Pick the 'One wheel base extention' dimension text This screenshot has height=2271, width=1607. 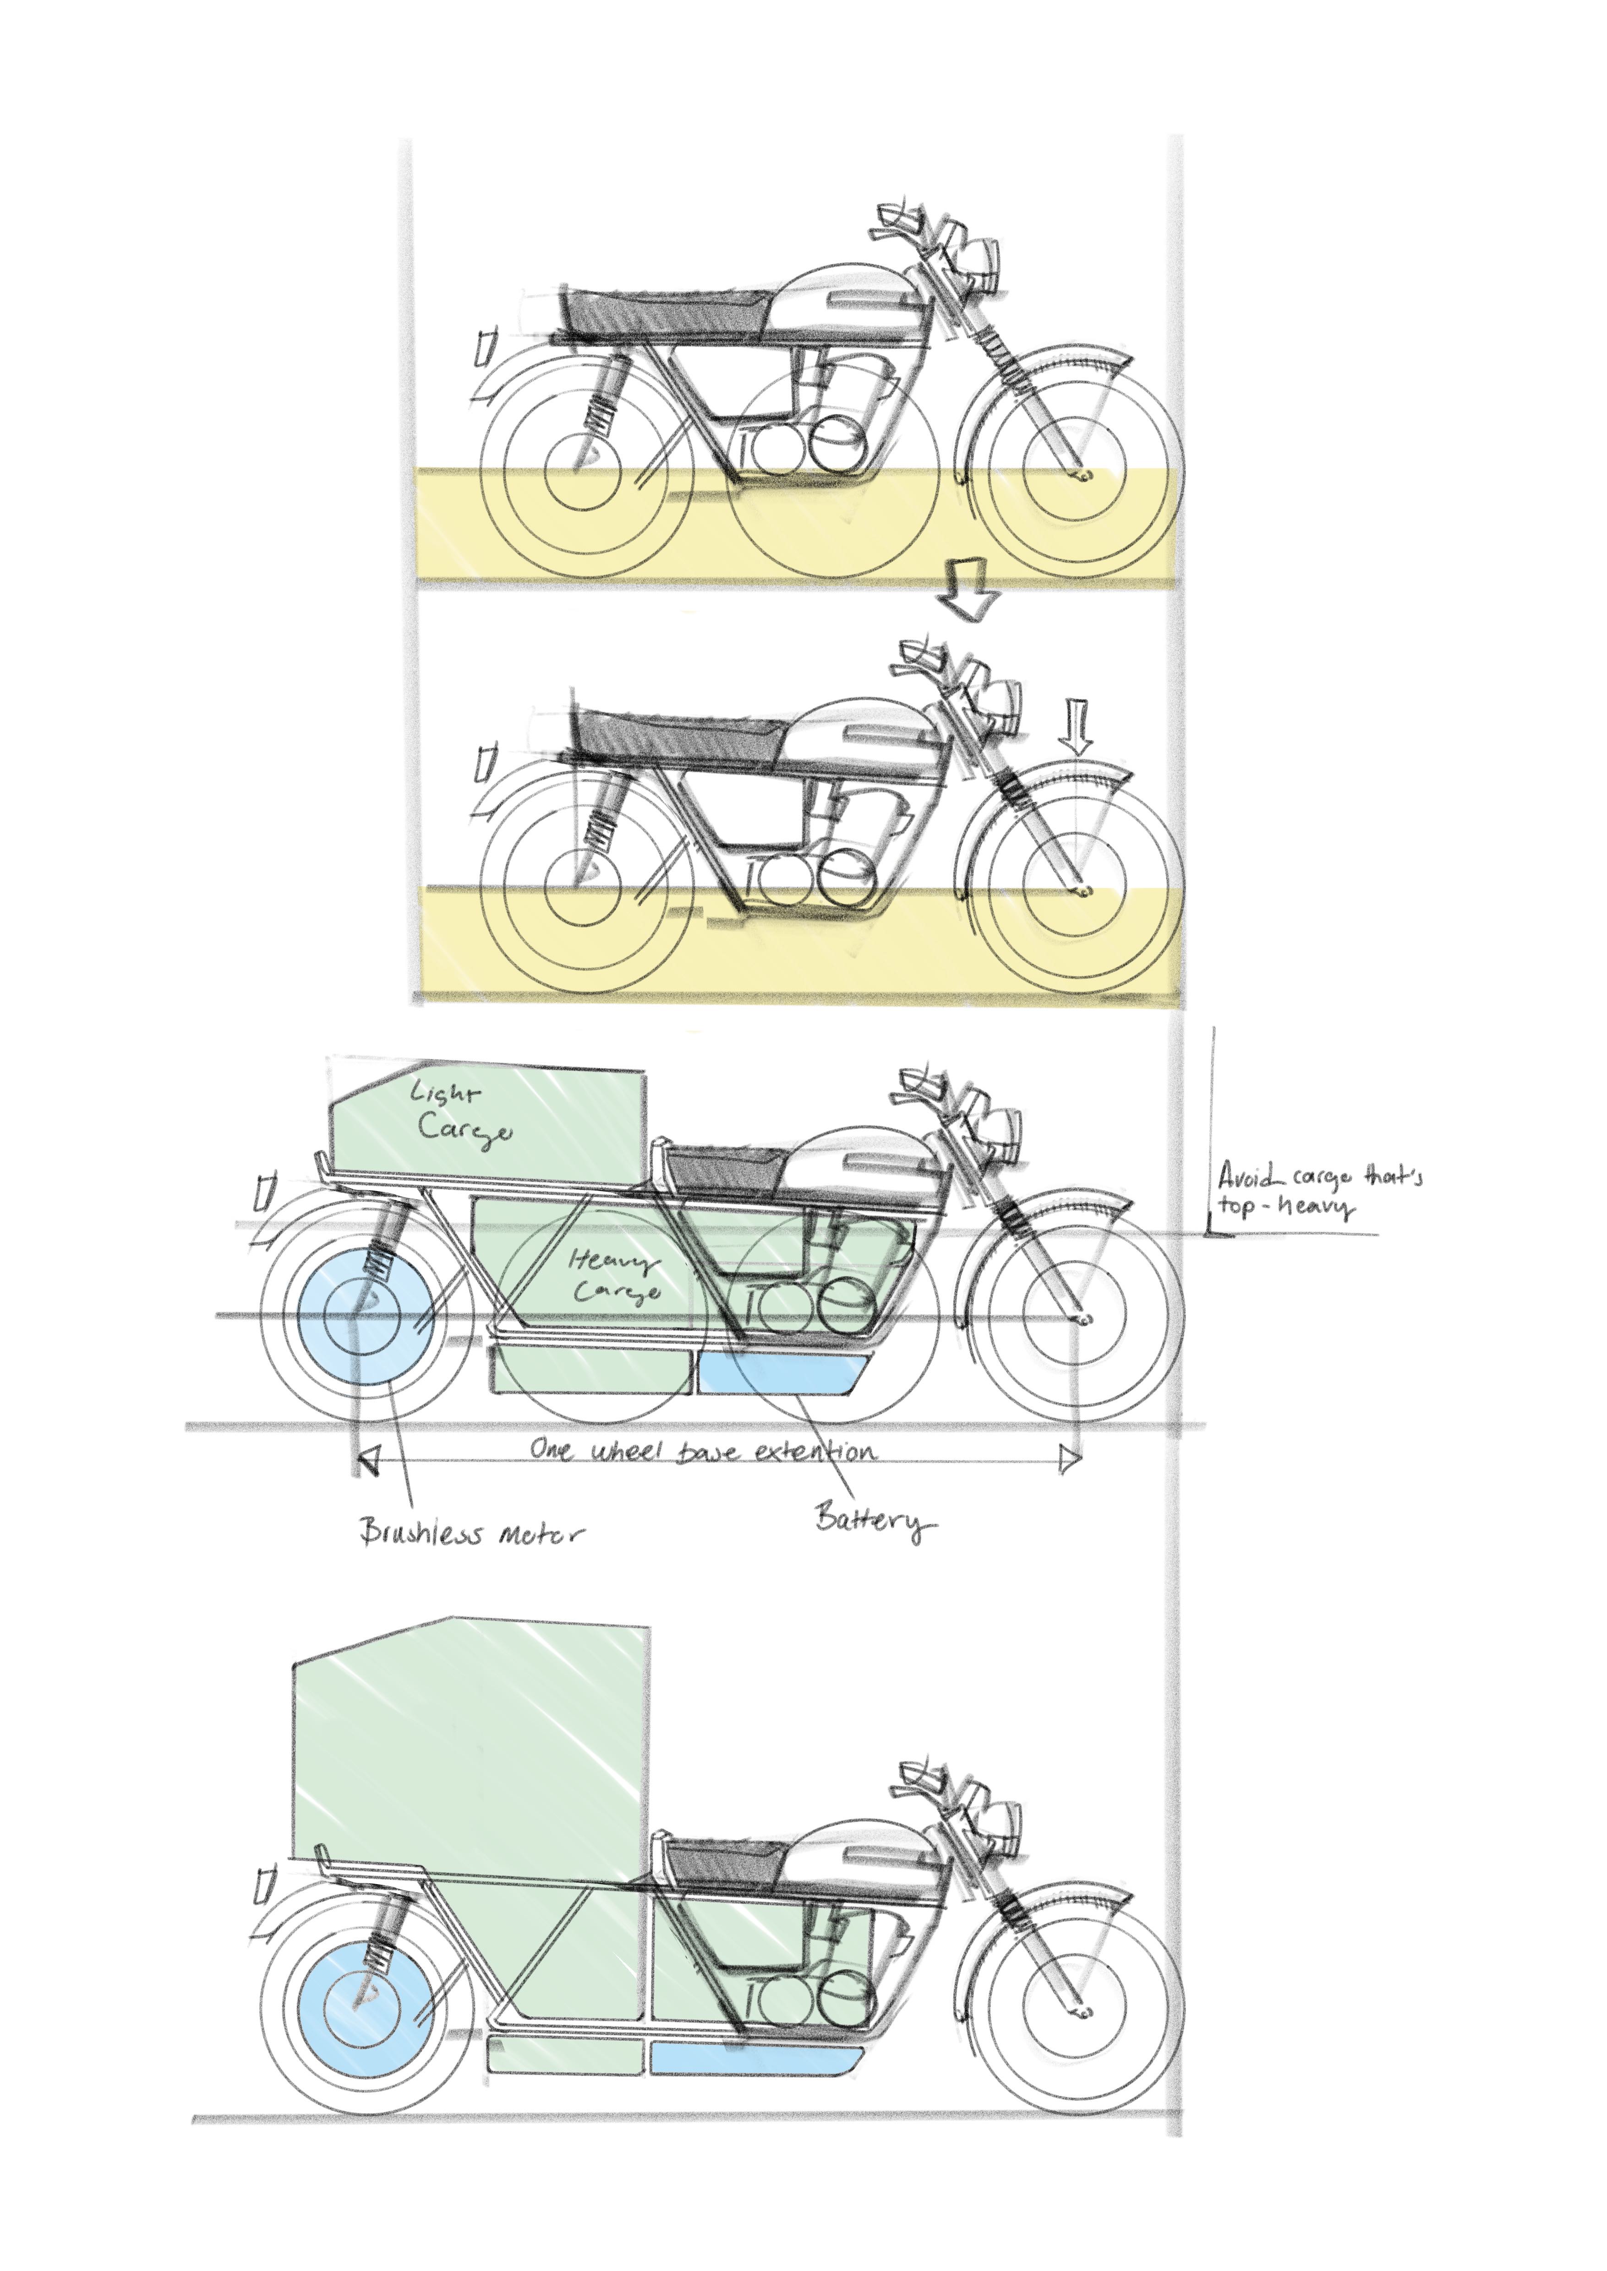pyautogui.click(x=702, y=1451)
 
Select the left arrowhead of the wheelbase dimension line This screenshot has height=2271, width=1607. pyautogui.click(x=369, y=1459)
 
